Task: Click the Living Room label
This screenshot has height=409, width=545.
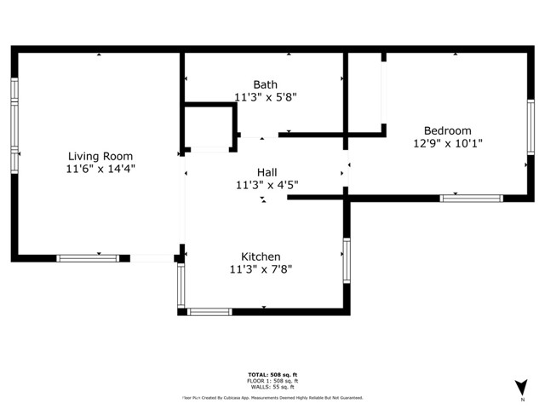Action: [x=100, y=156]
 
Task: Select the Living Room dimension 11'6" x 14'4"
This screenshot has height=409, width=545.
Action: [x=100, y=169]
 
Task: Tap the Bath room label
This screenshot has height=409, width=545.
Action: [x=265, y=84]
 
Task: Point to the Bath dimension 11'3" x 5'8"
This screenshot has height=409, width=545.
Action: [x=265, y=97]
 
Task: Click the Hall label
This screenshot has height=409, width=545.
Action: [x=267, y=171]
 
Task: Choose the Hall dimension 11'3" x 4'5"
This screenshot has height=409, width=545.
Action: [x=267, y=184]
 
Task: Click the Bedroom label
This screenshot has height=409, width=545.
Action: [x=447, y=130]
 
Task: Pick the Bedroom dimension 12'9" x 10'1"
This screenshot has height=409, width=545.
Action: [x=447, y=143]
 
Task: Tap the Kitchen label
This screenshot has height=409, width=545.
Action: [x=261, y=256]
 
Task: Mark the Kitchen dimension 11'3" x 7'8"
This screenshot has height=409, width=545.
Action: [x=261, y=269]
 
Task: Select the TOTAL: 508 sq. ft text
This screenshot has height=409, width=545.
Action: [x=272, y=374]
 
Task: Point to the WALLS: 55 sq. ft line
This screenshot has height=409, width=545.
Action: [x=272, y=387]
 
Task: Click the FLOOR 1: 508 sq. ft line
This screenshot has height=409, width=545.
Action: [x=272, y=381]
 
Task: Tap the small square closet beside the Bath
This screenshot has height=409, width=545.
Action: [x=209, y=126]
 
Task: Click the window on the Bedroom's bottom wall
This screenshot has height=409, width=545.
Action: [x=471, y=199]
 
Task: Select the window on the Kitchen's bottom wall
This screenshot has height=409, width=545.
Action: [x=209, y=311]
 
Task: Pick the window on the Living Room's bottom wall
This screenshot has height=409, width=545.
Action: [x=88, y=257]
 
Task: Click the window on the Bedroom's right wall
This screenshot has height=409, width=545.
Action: [x=530, y=127]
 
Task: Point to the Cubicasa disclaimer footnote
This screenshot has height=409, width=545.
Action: [x=272, y=397]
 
